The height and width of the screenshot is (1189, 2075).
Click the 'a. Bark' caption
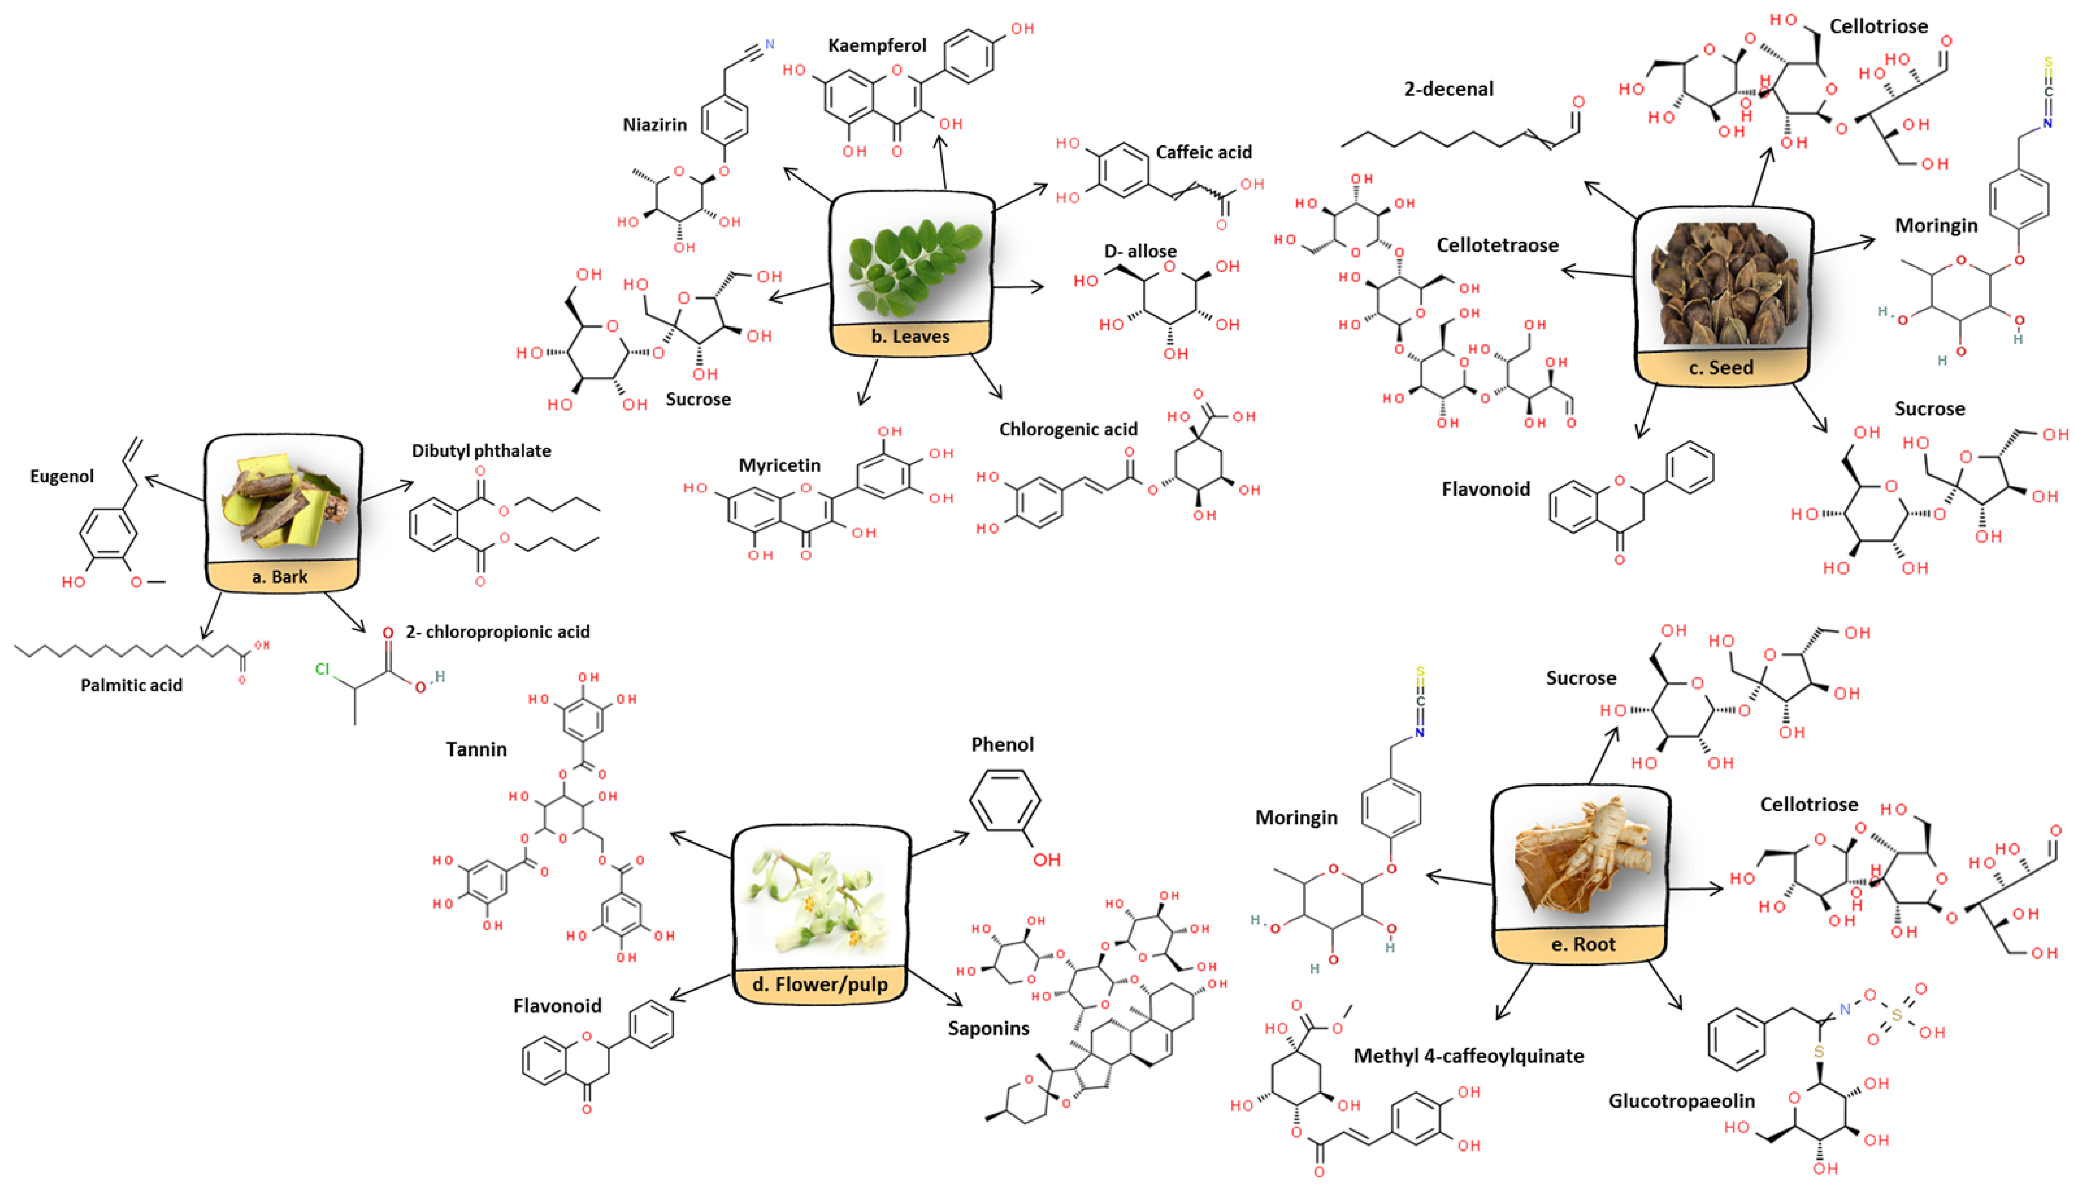[280, 576]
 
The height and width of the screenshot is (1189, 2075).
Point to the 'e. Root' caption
[1583, 944]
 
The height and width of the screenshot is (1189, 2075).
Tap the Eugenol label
[62, 476]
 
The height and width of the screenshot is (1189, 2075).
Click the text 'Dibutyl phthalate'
[481, 451]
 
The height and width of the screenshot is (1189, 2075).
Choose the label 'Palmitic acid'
[131, 685]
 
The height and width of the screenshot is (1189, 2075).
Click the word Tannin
[476, 749]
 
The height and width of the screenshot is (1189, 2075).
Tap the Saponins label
[988, 1028]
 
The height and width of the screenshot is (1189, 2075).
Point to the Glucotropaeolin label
[1681, 1101]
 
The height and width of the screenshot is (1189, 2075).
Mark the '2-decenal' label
[1449, 89]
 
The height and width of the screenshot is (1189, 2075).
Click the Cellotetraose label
[1498, 245]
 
